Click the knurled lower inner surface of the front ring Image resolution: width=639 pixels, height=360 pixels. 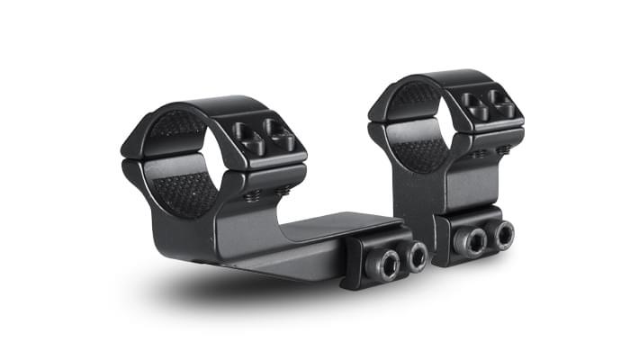click(184, 192)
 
